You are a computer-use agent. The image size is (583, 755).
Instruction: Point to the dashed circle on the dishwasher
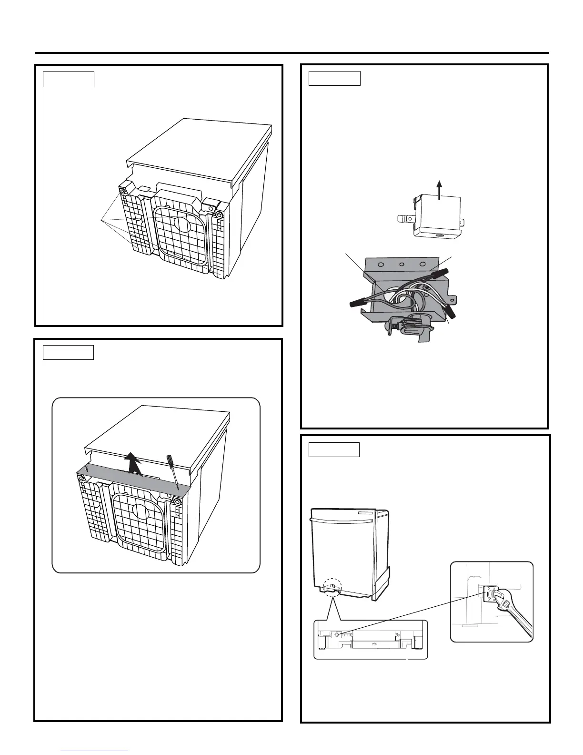(x=333, y=586)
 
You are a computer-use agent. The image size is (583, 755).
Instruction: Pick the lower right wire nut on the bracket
(x=451, y=312)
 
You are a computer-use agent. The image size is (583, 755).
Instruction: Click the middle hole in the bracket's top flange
(x=402, y=265)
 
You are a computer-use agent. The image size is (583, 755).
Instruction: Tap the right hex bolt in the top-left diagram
(x=219, y=214)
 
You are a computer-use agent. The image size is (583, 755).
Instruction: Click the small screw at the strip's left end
(x=86, y=469)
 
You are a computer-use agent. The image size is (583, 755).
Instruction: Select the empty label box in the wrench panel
(x=334, y=449)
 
